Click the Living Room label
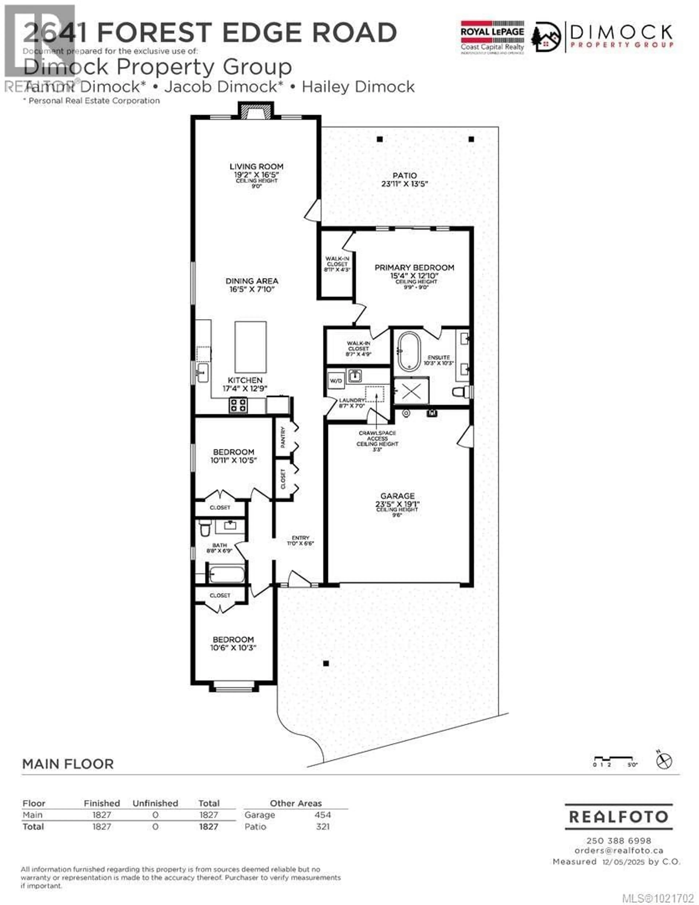(x=256, y=167)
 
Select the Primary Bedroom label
(x=414, y=268)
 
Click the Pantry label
(x=283, y=437)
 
